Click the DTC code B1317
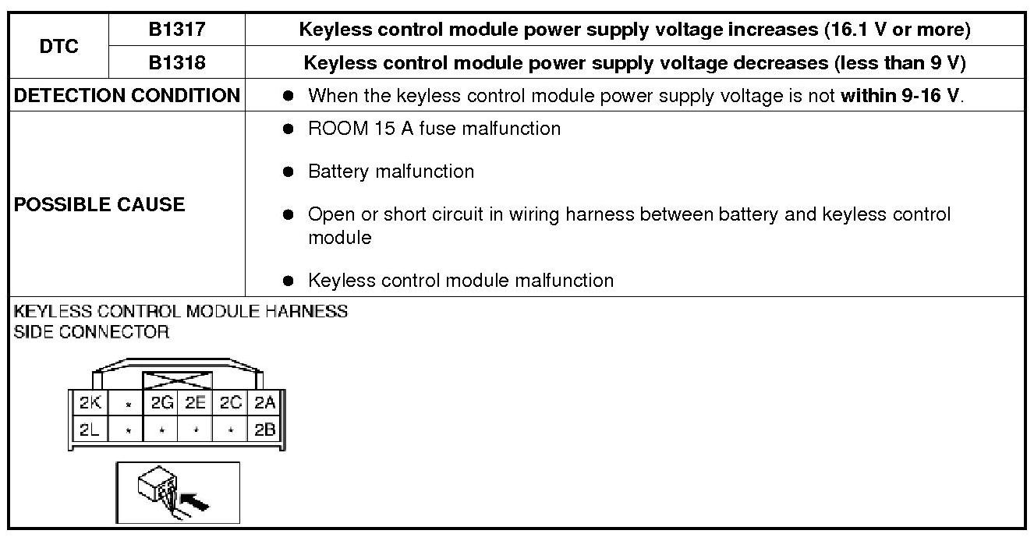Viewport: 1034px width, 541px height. [177, 30]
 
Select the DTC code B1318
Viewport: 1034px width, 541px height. [177, 62]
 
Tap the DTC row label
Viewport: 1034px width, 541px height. [59, 46]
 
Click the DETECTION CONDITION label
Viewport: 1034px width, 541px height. [127, 96]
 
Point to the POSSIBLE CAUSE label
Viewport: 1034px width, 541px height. [100, 204]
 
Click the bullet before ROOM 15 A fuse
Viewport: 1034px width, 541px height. [289, 129]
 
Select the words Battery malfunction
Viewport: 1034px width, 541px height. [391, 171]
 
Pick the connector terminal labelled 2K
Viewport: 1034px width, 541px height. [90, 404]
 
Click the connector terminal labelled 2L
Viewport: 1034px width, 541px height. [90, 428]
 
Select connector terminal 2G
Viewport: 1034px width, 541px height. [161, 404]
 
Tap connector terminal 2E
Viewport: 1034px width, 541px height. [195, 404]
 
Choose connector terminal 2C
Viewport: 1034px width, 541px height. [230, 404]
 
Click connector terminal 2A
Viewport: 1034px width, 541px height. [264, 404]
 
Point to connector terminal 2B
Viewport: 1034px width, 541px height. [264, 428]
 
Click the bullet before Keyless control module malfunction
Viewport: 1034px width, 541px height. [289, 281]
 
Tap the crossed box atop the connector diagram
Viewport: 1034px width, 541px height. [177, 380]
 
